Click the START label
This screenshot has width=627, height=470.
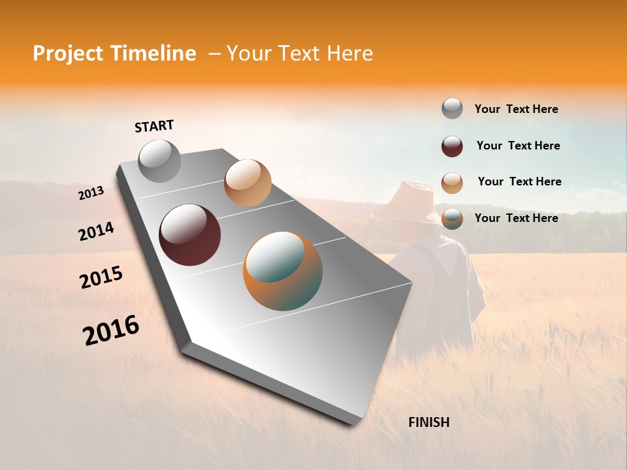click(x=154, y=126)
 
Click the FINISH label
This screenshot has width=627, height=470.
click(x=428, y=422)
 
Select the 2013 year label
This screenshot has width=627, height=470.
click(x=91, y=193)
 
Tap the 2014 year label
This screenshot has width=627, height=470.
click(x=96, y=231)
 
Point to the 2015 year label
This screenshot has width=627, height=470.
click(x=101, y=277)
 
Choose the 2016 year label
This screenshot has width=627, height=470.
click(x=111, y=330)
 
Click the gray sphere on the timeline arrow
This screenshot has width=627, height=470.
click(x=160, y=161)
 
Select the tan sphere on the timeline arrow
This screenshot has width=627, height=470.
click(x=248, y=183)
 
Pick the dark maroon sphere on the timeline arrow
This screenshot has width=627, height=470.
click(x=189, y=235)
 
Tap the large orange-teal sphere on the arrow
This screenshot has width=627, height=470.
click(x=283, y=271)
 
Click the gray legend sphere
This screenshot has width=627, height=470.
click(x=452, y=108)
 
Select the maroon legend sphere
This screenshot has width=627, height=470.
click(x=452, y=146)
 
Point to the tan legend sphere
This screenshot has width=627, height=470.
click(x=452, y=183)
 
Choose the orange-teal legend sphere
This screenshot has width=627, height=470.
click(x=452, y=219)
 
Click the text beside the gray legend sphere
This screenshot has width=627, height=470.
click(x=516, y=109)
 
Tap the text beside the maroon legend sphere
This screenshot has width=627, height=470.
click(x=518, y=146)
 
